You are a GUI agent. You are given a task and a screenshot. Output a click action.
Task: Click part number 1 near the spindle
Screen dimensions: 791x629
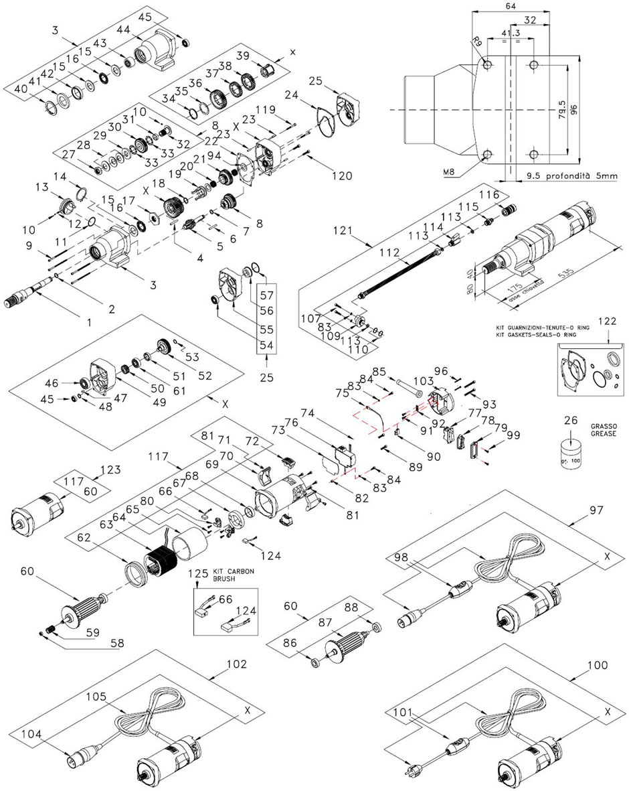[89, 322]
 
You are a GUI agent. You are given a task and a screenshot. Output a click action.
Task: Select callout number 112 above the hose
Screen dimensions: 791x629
[389, 254]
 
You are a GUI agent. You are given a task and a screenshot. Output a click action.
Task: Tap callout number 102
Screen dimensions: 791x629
[237, 664]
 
